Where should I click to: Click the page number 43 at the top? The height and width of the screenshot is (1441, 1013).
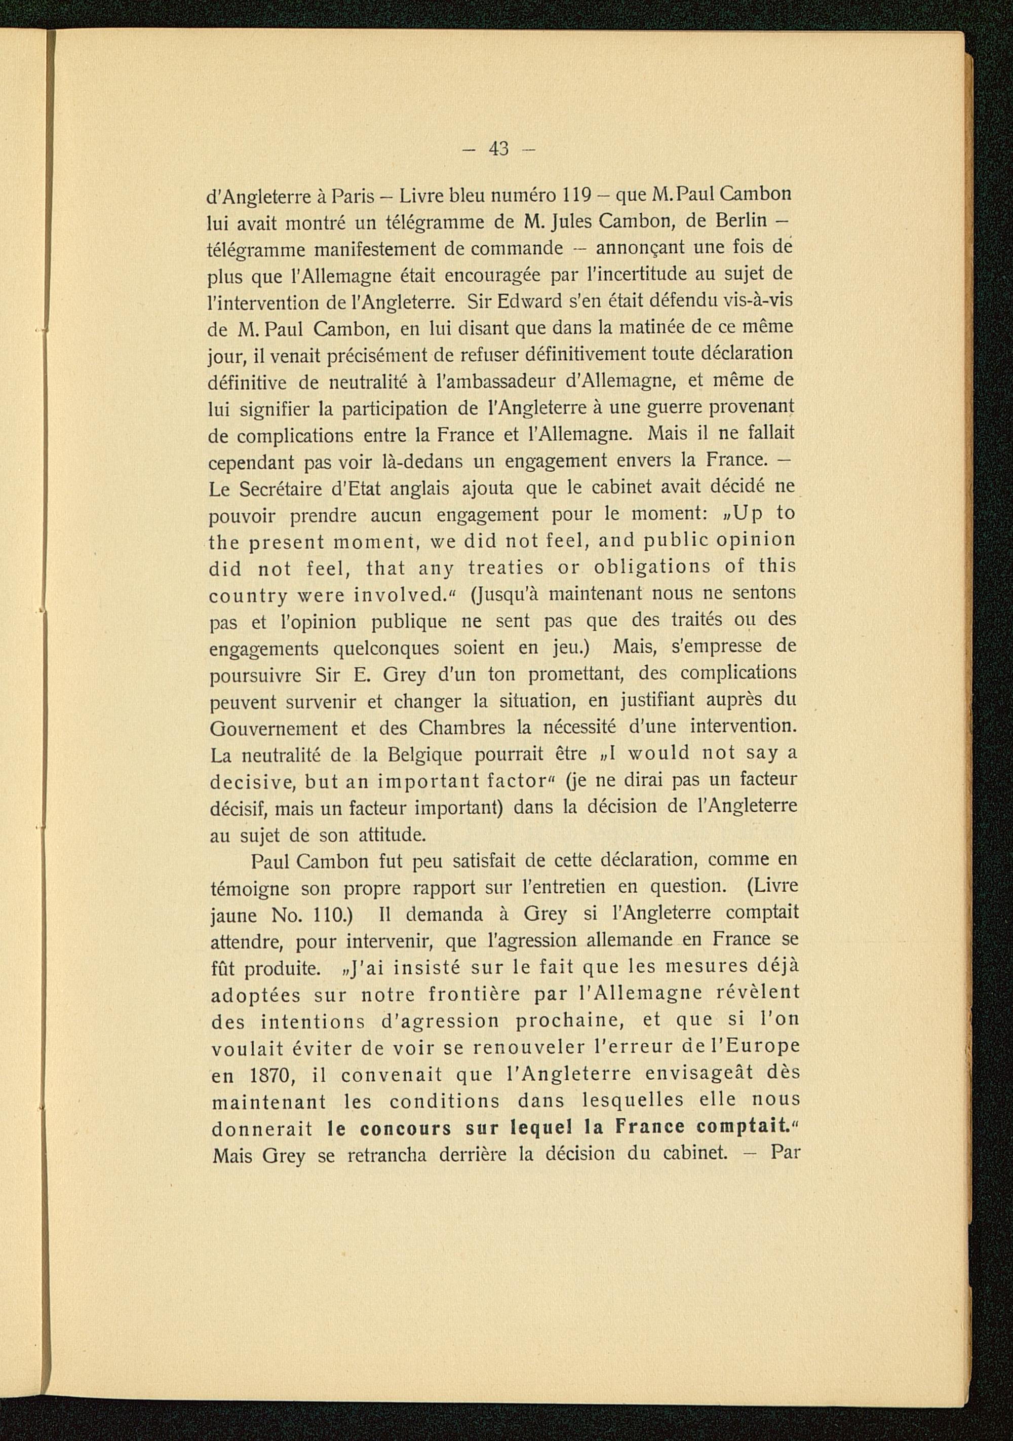point(499,149)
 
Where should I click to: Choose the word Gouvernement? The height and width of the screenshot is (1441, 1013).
point(282,728)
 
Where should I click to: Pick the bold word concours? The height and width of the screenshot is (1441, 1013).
point(400,1129)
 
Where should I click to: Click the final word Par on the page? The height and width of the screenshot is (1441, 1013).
point(784,1155)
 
